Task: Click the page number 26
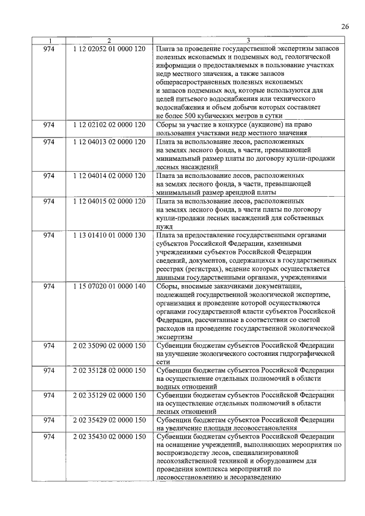345,26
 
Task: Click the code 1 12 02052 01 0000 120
109,50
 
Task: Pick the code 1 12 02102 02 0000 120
109,124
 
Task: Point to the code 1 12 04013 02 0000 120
109,142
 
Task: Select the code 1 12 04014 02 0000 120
109,176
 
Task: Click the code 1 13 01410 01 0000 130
109,235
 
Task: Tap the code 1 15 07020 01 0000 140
109,286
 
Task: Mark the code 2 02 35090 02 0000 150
109,346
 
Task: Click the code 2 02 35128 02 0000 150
109,371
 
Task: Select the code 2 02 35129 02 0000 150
109,396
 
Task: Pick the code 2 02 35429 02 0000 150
109,420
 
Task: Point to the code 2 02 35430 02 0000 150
109,437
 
